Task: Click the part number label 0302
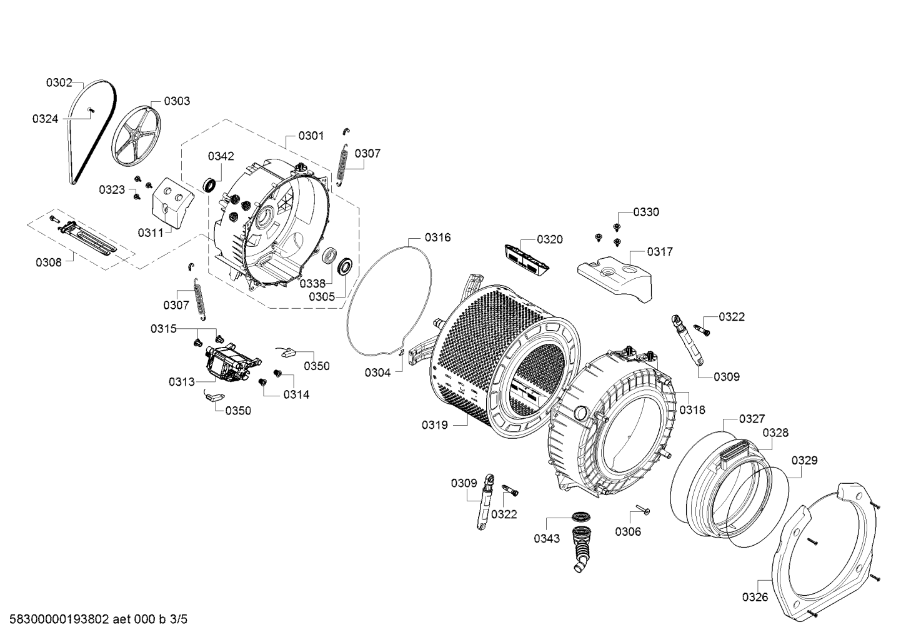(x=59, y=82)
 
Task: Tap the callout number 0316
(x=437, y=238)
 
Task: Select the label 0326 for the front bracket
(x=755, y=597)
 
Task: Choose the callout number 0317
(x=660, y=251)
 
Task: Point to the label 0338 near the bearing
(x=312, y=283)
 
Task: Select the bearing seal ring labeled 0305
(x=344, y=267)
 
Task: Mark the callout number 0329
(x=804, y=461)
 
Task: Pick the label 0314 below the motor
(x=296, y=394)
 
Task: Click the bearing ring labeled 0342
(x=210, y=184)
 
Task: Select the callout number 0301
(x=311, y=136)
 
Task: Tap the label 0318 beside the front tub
(x=692, y=410)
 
